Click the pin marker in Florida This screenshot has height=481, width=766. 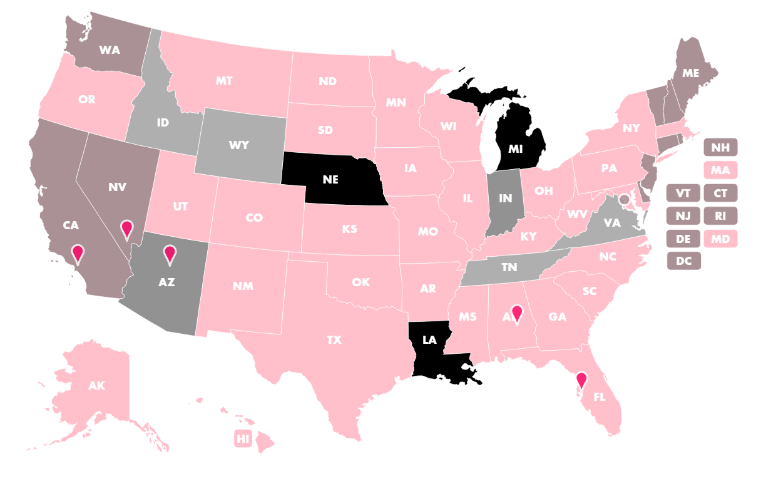pyautogui.click(x=581, y=380)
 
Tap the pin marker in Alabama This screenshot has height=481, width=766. pyautogui.click(x=516, y=312)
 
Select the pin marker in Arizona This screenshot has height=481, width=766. pyautogui.click(x=169, y=254)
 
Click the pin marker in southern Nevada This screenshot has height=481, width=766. pyautogui.click(x=126, y=229)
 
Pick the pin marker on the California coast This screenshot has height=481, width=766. pyautogui.click(x=78, y=253)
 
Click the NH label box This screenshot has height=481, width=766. pyautogui.click(x=720, y=148)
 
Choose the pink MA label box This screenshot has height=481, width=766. pyautogui.click(x=720, y=170)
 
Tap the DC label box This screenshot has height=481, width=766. pyautogui.click(x=684, y=261)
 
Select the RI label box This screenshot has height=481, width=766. pyautogui.click(x=720, y=216)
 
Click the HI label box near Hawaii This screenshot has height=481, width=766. pyautogui.click(x=243, y=438)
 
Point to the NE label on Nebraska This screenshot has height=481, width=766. pyautogui.click(x=330, y=179)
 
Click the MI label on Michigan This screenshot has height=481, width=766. pyautogui.click(x=516, y=149)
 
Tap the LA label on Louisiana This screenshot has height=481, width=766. pyautogui.click(x=429, y=340)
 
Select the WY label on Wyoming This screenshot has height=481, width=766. pyautogui.click(x=239, y=145)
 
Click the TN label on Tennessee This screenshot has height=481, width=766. pyautogui.click(x=509, y=267)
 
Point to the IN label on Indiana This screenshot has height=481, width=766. pyautogui.click(x=506, y=199)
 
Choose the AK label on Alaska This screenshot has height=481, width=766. pyautogui.click(x=96, y=385)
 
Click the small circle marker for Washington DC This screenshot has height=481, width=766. pyautogui.click(x=624, y=199)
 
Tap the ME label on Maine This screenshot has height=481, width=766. pyautogui.click(x=690, y=73)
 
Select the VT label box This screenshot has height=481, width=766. pyautogui.click(x=684, y=193)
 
